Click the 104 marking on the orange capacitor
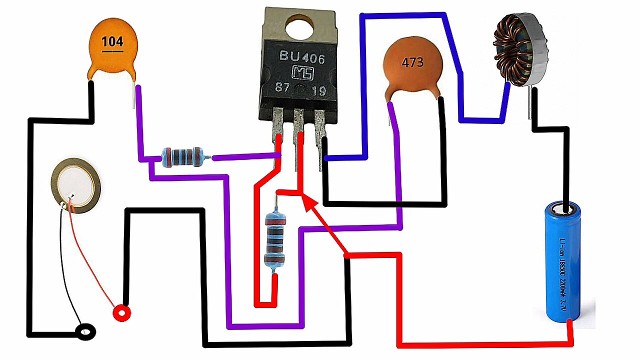coord(112,41)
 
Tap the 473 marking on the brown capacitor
coord(412,63)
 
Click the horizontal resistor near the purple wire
coord(183,156)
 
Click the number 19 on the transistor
coord(318,91)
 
